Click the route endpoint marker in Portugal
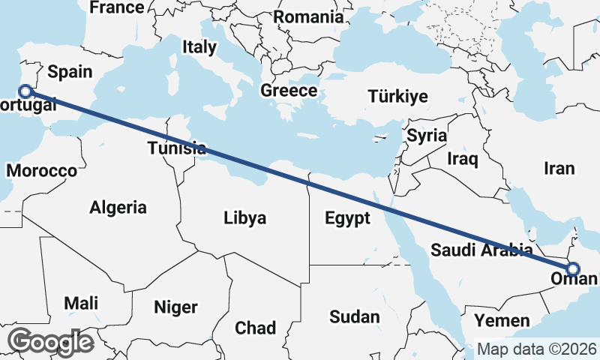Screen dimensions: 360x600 (25, 91)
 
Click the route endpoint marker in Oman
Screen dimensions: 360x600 (572, 269)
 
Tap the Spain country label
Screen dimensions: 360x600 (69, 72)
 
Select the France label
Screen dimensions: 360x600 (116, 7)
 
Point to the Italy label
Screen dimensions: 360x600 (199, 47)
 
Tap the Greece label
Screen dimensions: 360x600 (289, 91)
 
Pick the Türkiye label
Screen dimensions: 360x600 (397, 96)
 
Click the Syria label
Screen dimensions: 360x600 (427, 136)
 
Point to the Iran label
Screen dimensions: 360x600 (559, 169)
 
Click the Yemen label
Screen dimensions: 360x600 (502, 320)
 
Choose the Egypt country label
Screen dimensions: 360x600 (348, 218)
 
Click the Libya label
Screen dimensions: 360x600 (244, 218)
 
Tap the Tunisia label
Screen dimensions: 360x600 (177, 148)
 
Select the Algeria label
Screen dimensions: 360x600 (118, 208)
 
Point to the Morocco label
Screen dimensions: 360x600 (41, 170)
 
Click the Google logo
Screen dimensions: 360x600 (50, 341)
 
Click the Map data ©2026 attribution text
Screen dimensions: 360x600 (537, 349)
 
